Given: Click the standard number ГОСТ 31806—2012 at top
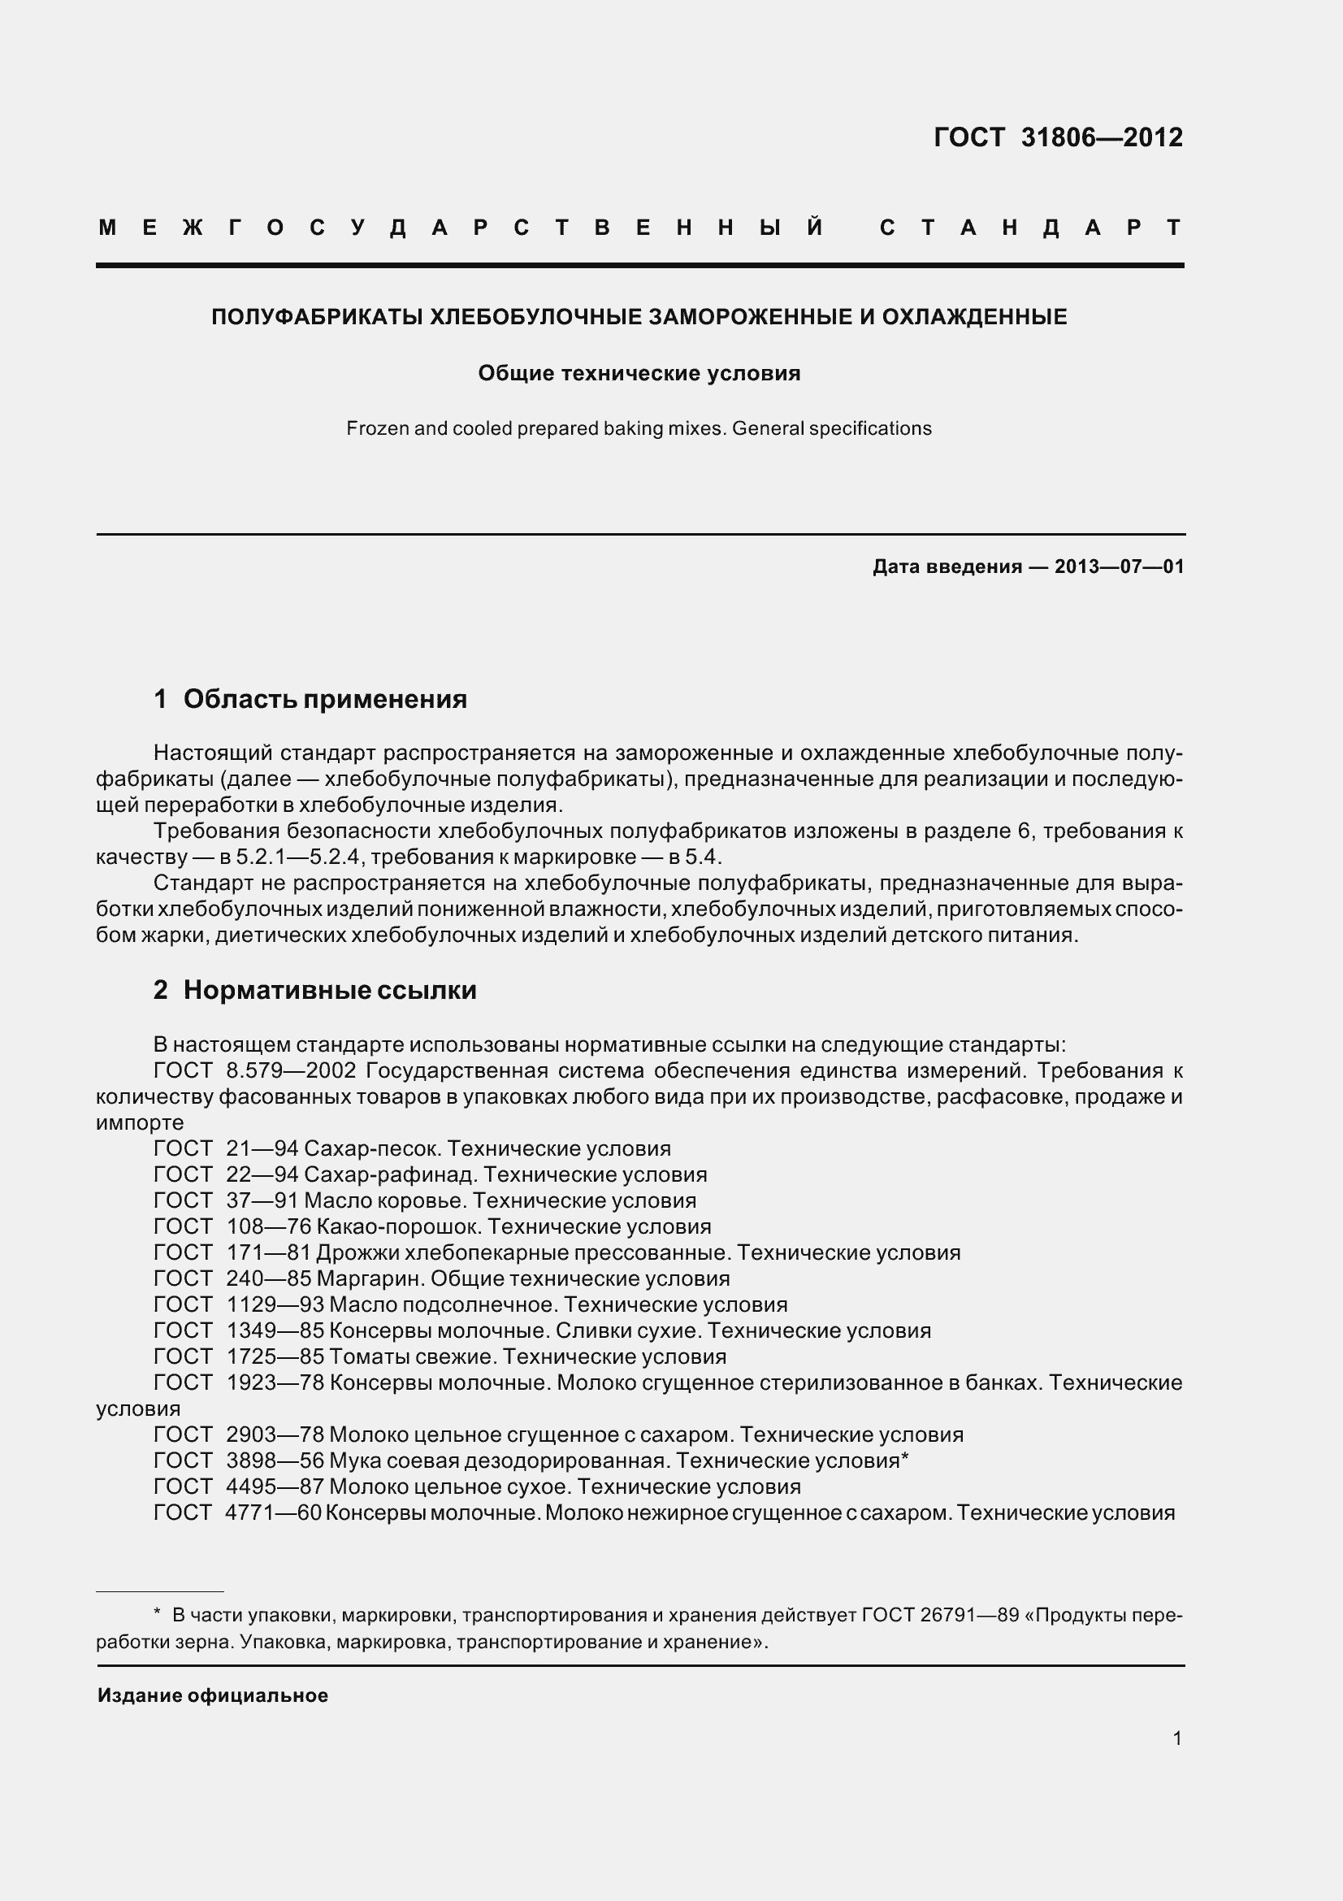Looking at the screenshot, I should (x=1058, y=137).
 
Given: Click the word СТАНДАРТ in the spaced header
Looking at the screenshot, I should (x=1030, y=228).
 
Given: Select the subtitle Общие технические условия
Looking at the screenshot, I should (x=639, y=373).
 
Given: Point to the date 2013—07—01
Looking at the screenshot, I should (x=1119, y=567).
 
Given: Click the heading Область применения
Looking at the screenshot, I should (x=324, y=700).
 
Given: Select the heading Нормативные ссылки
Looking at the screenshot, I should (x=329, y=990).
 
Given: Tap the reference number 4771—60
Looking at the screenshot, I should (x=273, y=1513).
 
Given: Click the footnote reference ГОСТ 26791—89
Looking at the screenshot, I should (x=940, y=1616).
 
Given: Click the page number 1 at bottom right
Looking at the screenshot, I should (x=1176, y=1738).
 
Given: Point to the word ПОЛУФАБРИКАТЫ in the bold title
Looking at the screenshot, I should (x=317, y=317).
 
